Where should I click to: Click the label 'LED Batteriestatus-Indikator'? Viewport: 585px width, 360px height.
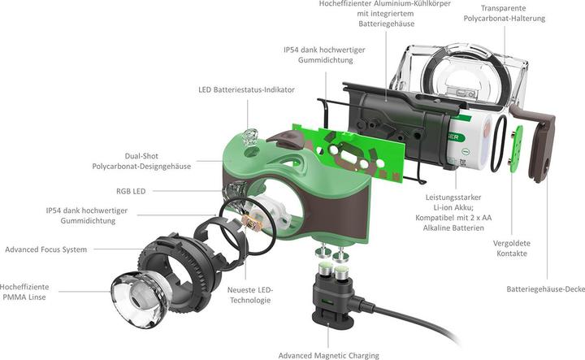tap(246, 89)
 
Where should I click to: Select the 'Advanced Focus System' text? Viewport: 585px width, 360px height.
tap(45, 249)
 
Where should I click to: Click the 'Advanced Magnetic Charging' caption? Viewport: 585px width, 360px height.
tap(328, 354)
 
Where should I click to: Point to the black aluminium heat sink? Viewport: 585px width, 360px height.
tap(390, 114)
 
